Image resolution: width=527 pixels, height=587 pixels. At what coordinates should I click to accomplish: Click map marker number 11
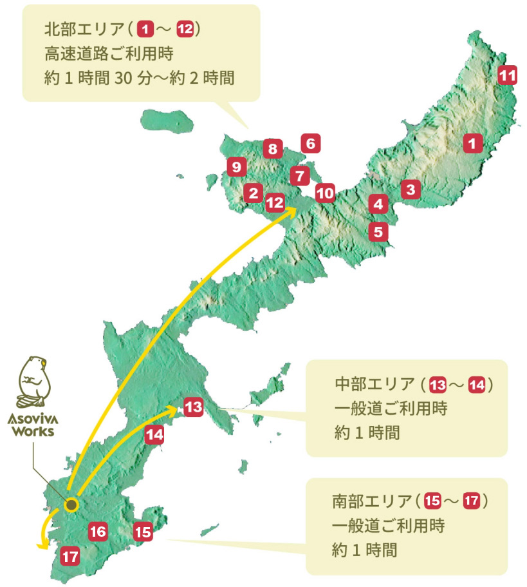click(x=508, y=76)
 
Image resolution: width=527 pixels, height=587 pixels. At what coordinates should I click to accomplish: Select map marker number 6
click(x=310, y=143)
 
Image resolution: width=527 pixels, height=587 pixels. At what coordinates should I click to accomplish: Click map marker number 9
click(x=236, y=168)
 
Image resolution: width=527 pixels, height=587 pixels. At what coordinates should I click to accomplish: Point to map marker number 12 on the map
click(x=275, y=202)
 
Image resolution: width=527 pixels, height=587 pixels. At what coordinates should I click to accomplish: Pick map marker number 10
click(x=326, y=192)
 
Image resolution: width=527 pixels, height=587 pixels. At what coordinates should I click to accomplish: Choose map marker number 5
click(x=378, y=231)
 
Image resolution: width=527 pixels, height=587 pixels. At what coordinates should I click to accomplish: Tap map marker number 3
click(x=410, y=189)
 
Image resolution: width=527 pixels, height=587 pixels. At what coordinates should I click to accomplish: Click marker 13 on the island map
click(x=194, y=407)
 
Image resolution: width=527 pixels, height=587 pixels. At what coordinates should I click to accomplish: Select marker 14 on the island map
click(x=154, y=434)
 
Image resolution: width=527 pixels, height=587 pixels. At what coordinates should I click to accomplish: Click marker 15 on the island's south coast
click(x=143, y=532)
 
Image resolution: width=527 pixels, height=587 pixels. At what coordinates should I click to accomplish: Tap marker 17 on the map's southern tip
click(x=70, y=555)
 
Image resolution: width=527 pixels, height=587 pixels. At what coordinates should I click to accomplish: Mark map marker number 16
click(x=98, y=532)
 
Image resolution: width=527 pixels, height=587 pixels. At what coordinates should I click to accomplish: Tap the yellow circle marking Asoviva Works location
click(x=71, y=505)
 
